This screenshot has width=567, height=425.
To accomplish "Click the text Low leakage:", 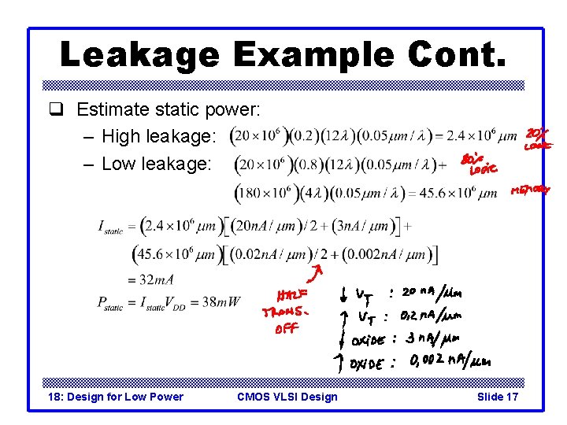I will coord(158,164).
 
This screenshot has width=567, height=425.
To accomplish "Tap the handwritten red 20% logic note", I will coord(539,139).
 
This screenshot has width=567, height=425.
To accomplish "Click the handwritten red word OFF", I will coord(286,328).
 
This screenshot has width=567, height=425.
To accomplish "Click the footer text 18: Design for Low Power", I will coord(115,396).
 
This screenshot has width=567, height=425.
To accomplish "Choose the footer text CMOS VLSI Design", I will coord(287,396).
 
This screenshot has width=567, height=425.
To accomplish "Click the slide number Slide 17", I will coord(498,396).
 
